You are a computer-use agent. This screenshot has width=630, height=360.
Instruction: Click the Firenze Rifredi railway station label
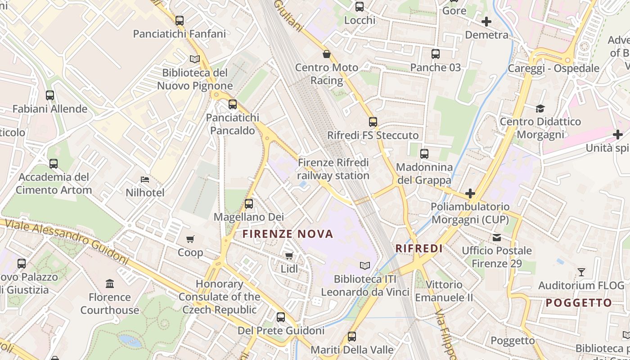coord(333,169)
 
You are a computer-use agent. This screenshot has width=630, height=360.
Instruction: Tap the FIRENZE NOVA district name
coord(288,234)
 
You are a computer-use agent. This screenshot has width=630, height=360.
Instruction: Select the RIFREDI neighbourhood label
coord(419,248)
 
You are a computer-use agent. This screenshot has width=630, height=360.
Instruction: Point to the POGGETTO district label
coord(579,303)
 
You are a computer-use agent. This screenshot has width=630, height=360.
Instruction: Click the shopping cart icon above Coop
coord(190,239)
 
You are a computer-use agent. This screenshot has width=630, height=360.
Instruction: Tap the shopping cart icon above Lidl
coord(289,256)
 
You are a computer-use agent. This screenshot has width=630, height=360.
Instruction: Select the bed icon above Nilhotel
coord(145,179)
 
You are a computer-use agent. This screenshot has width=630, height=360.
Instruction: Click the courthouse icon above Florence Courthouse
coord(110,283)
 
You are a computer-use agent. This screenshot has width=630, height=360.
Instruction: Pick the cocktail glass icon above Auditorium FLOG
coord(581,272)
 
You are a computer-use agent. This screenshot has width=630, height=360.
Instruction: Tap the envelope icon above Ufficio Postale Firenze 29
coord(497,237)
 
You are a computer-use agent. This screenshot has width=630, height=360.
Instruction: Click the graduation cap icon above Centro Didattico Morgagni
coord(540,108)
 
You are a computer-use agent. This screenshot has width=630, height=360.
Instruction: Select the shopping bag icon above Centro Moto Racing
coord(327,54)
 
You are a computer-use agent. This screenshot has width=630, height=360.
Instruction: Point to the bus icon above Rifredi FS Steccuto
coord(373,122)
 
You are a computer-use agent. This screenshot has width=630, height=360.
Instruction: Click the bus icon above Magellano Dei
coord(248,204)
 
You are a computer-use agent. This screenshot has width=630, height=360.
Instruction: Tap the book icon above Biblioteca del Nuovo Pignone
coord(195,59)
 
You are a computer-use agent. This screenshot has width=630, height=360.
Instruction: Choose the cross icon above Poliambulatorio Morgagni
coord(470,193)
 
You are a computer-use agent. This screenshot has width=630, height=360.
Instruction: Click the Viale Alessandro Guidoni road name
coord(65,240)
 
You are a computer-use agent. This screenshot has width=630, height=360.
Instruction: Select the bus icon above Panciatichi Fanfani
coord(180,21)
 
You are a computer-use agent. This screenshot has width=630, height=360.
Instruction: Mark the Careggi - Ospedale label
coord(553,68)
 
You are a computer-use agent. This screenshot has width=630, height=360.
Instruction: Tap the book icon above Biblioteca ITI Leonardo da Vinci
coord(365,265)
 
